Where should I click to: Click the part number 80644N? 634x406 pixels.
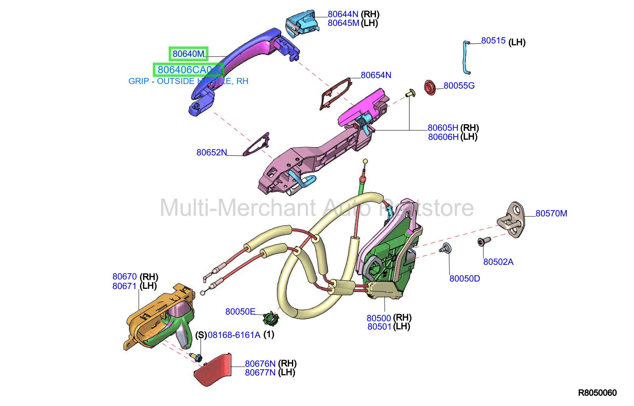[x=343, y=14]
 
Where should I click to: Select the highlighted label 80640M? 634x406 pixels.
[x=188, y=54]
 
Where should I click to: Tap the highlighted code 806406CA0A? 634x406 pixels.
[x=188, y=70]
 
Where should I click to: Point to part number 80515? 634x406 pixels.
[x=493, y=40]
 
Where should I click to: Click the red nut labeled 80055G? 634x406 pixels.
[x=429, y=87]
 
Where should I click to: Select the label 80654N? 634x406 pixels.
[x=376, y=75]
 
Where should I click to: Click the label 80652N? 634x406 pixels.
[x=212, y=152]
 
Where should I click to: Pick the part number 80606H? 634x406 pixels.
[x=443, y=137]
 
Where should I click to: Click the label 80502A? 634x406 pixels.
[x=498, y=262]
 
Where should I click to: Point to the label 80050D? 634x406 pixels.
[x=465, y=279]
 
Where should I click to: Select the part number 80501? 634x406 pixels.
[x=379, y=326]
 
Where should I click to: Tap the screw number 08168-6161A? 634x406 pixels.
[x=234, y=335]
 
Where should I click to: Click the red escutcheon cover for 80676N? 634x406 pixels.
[x=213, y=370]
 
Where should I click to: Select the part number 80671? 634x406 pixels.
[x=124, y=286]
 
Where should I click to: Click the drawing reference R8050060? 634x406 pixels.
[x=597, y=393]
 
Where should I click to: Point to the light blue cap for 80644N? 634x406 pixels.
[x=302, y=23]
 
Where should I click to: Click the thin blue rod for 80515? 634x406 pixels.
[x=466, y=57]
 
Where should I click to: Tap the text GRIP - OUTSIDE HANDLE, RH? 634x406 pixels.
[x=188, y=81]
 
